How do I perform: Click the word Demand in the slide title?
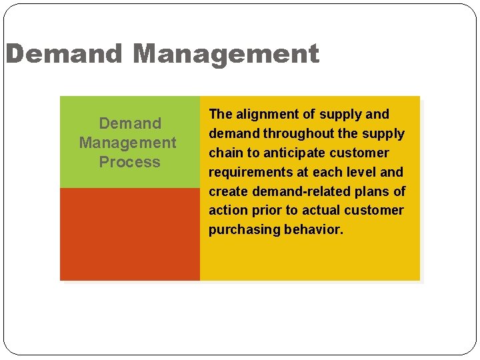[64, 54]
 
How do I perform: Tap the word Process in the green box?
[129, 162]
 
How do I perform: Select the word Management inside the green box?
[128, 143]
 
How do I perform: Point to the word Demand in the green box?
[130, 123]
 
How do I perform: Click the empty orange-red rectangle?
[129, 234]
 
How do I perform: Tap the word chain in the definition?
[226, 153]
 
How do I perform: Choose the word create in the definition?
[227, 191]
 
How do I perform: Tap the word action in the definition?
[228, 210]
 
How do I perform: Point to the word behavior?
[314, 229]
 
